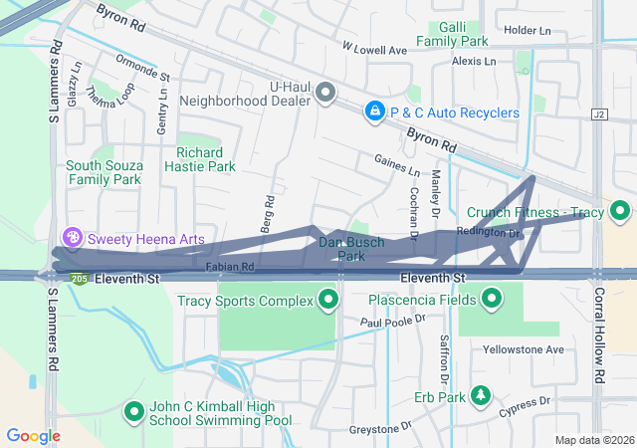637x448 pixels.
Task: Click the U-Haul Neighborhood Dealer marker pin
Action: (325, 94)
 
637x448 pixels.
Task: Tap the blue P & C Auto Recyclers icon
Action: (375, 112)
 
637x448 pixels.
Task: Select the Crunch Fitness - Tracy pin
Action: (620, 212)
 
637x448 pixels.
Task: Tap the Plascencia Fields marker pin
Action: (492, 299)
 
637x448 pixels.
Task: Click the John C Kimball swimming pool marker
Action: (134, 411)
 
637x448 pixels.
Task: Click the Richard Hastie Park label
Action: (206, 159)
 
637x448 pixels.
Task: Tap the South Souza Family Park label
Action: (104, 172)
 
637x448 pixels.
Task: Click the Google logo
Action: (33, 435)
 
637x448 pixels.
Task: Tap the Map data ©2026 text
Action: (593, 440)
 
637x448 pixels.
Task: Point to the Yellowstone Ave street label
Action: (524, 349)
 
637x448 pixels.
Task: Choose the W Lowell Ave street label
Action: (374, 49)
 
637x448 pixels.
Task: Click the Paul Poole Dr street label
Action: (392, 322)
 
